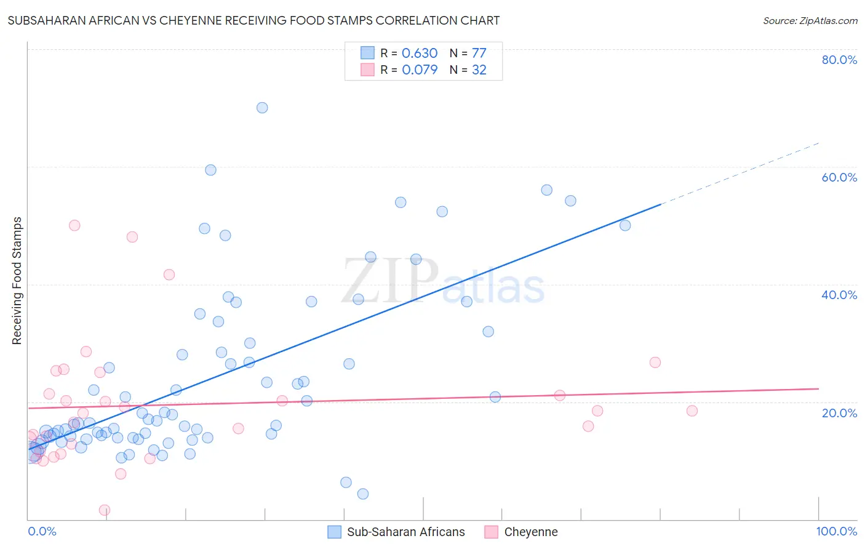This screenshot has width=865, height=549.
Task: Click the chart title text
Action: point(253,21)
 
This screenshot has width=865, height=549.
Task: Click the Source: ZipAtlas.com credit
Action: point(810,21)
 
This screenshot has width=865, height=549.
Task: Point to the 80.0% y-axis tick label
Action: point(839,60)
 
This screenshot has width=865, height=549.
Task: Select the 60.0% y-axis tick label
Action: point(839,177)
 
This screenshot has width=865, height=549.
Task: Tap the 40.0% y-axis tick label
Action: point(839,295)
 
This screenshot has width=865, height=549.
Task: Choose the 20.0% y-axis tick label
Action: point(839,412)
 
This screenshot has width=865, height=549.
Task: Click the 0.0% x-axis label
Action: point(42,531)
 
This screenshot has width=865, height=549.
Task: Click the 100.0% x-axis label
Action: point(836,531)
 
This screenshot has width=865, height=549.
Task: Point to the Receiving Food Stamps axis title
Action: point(17,281)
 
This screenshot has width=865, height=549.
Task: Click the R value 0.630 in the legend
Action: point(420,54)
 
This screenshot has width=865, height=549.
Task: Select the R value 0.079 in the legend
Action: point(420,70)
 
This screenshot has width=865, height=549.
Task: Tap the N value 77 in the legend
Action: point(479,54)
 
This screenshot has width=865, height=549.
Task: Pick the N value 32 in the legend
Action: point(479,70)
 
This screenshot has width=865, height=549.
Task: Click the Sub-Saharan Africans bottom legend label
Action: point(406,532)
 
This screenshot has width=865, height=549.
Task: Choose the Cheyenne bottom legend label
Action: point(531,532)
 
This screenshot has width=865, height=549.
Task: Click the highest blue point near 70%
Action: point(262,108)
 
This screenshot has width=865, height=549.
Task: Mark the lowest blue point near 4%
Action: point(363,494)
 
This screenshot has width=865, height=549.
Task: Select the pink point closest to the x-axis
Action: point(105,510)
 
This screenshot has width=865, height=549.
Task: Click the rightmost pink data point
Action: point(692,411)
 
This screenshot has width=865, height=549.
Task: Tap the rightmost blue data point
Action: point(625,225)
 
